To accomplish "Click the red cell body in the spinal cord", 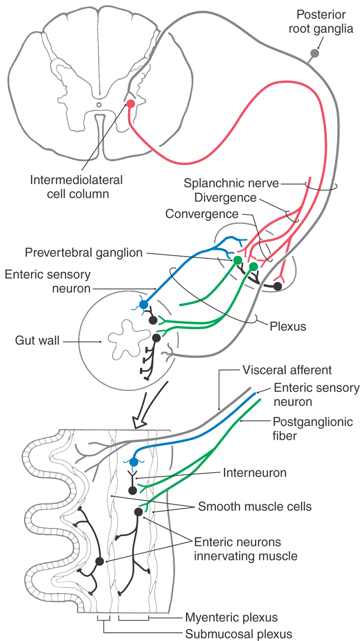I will (x=131, y=103).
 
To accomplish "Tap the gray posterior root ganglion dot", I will (x=314, y=53).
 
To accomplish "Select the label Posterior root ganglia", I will (x=325, y=22).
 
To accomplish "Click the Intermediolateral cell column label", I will (x=76, y=186).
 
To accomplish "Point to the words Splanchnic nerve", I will (x=231, y=184).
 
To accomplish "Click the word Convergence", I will (x=202, y=214).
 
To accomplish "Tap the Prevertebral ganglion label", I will (x=84, y=252).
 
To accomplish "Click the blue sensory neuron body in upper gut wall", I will (x=143, y=304).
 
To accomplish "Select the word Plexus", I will (x=287, y=327).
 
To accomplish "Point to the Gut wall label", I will (x=38, y=341).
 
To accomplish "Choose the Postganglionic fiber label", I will (x=312, y=428).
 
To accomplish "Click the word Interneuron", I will (x=255, y=473).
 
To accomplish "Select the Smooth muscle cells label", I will (x=255, y=507).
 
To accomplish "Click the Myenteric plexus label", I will (x=231, y=618).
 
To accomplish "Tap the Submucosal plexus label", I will (x=238, y=634).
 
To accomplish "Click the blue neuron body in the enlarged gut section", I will (x=134, y=462).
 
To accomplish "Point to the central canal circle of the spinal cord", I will (x=99, y=104).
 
